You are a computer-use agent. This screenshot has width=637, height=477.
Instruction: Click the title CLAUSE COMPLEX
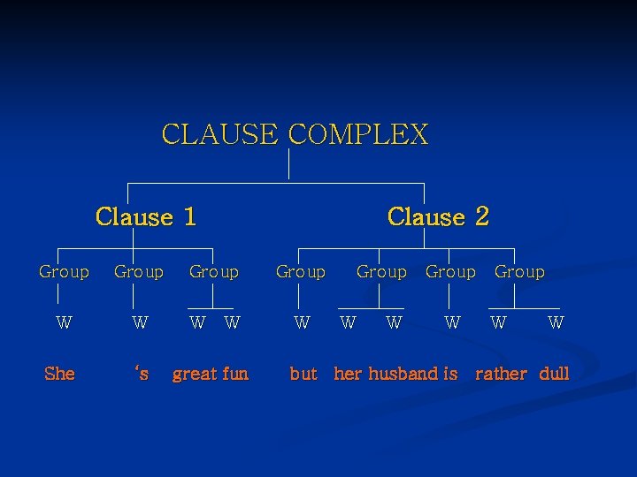click(295, 134)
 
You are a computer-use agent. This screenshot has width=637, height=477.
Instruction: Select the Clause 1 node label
click(146, 216)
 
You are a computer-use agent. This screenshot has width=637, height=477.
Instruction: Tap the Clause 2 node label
click(438, 216)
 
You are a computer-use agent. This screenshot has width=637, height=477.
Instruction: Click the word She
click(59, 374)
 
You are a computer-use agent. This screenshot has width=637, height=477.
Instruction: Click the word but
click(303, 374)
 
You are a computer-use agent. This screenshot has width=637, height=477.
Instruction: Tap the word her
click(348, 374)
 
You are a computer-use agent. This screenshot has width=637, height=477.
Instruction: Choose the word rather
click(501, 374)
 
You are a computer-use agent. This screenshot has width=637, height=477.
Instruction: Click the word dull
click(554, 374)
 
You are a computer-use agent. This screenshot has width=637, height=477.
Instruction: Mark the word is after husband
click(450, 374)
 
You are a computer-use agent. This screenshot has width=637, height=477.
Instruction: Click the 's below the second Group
click(141, 374)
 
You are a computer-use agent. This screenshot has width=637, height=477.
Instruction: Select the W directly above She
click(64, 323)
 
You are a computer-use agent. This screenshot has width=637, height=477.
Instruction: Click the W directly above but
click(302, 323)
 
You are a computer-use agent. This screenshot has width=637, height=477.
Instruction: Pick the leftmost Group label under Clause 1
click(64, 272)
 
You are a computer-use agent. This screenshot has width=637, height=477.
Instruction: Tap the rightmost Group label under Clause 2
click(519, 272)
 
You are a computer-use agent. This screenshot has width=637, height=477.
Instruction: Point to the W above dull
click(556, 323)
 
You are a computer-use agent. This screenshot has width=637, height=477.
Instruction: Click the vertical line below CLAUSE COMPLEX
click(289, 164)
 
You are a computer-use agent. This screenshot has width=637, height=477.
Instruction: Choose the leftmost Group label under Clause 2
click(301, 272)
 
